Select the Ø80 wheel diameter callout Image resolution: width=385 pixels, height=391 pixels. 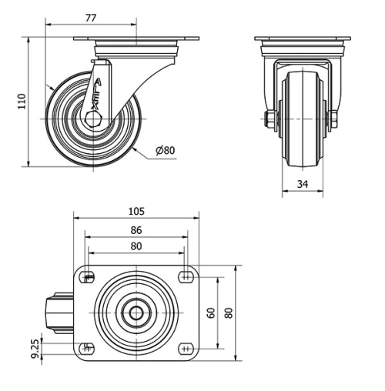tap(166, 152)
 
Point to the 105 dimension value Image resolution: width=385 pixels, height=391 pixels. tap(136, 211)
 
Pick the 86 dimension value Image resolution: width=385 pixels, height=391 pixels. tap(136, 229)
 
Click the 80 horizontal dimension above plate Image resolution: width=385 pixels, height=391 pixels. tap(136, 246)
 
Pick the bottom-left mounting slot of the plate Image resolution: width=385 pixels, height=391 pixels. tap(87, 348)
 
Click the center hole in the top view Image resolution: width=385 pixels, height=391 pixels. tap(136, 312)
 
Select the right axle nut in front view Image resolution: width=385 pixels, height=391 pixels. tap(333, 119)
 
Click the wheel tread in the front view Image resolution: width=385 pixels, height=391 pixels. tap(301, 154)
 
